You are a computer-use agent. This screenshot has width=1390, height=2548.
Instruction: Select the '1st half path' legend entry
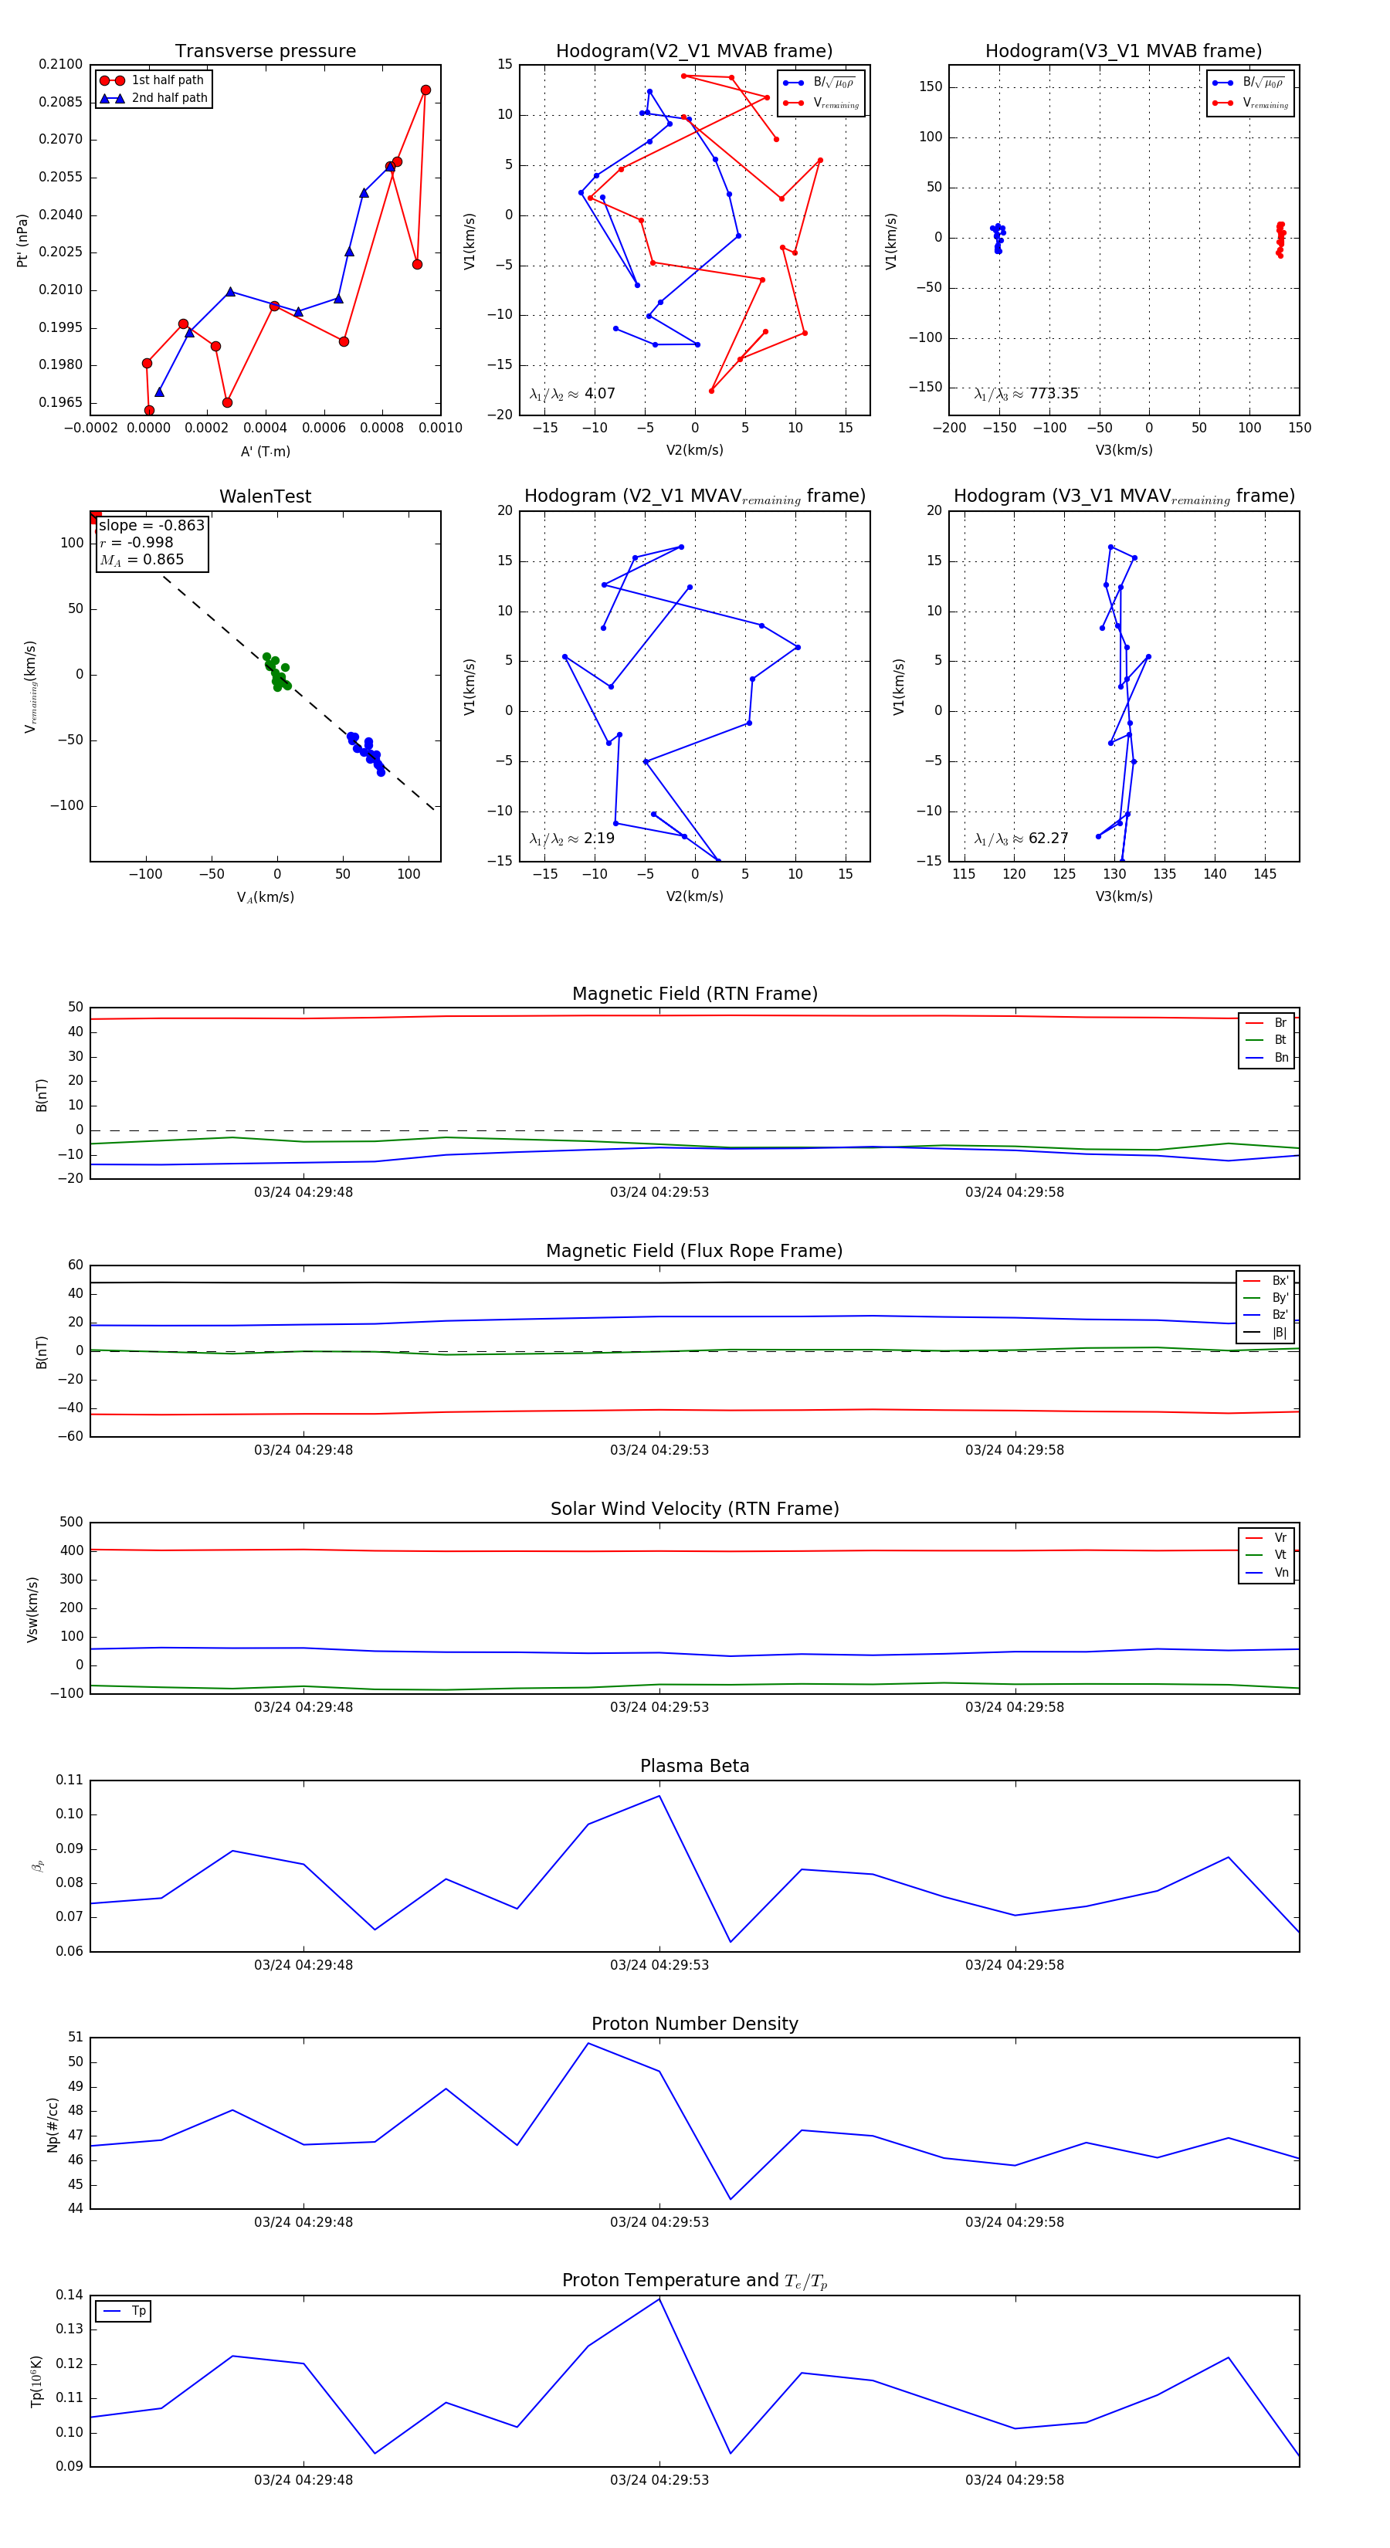pos(166,80)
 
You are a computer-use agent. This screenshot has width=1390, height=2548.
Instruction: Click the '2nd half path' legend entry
pos(168,98)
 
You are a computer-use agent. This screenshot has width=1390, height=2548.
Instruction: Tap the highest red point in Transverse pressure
pos(425,90)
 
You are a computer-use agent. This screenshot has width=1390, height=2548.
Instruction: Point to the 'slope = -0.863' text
pos(151,525)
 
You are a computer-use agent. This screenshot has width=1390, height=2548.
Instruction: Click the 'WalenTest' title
pos(265,496)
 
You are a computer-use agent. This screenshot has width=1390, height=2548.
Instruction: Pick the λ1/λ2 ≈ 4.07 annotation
pos(571,394)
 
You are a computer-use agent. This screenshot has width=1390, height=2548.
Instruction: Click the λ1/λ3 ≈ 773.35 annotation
pos(1026,394)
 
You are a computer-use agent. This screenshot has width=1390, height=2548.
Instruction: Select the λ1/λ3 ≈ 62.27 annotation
pos(1021,839)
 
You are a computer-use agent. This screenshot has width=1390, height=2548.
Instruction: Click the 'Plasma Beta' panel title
pos(694,1766)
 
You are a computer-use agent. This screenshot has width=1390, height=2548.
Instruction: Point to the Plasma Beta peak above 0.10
pos(659,1796)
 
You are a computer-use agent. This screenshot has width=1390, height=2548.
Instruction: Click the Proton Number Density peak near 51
pos(588,2044)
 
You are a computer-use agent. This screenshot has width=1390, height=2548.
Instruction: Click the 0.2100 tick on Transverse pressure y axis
pos(60,64)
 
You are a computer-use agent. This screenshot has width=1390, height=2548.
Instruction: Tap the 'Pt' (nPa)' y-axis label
pos(22,240)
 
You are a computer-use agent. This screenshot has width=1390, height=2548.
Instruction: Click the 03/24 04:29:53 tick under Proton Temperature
pos(659,2480)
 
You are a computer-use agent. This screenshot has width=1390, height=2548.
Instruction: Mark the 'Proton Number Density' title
pos(694,2024)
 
